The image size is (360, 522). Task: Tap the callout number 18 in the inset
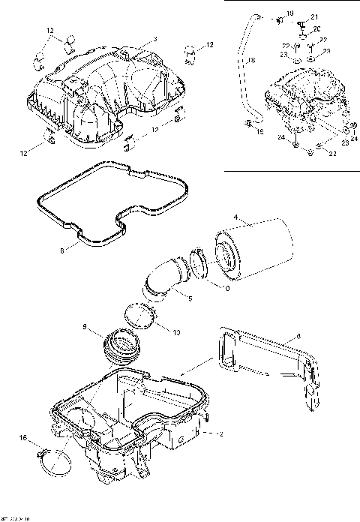250,59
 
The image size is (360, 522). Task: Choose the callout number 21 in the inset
314,17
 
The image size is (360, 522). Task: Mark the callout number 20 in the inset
315,28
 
